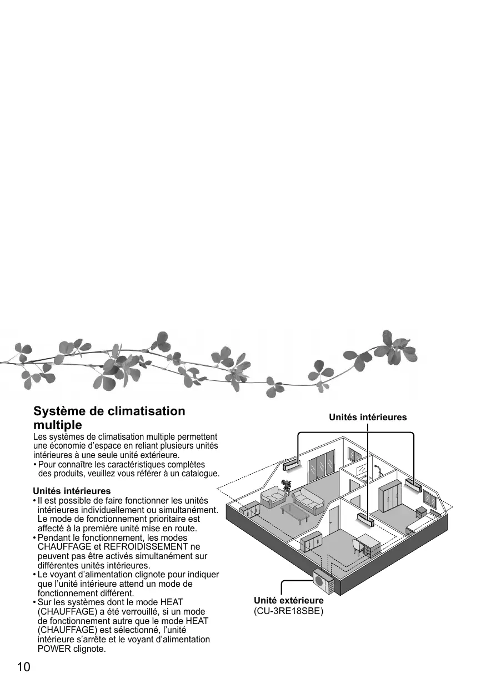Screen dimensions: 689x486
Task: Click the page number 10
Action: point(23,667)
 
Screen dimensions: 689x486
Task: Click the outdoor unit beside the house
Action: point(322,580)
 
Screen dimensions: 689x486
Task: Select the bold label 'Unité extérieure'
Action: point(288,601)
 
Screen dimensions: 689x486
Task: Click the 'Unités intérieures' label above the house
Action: point(368,417)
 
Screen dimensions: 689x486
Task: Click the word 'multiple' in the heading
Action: point(58,425)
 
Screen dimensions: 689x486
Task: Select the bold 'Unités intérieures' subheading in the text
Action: point(72,491)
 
